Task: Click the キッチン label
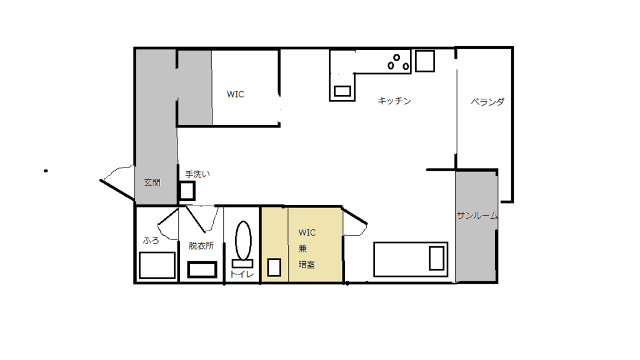tap(394, 101)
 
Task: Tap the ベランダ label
tap(487, 102)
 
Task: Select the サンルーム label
tap(477, 216)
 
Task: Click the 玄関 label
tap(152, 182)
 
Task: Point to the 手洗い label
tap(197, 174)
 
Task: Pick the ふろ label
tap(151, 241)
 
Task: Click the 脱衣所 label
tap(201, 246)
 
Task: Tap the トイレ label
tap(242, 274)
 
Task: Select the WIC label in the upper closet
tap(236, 94)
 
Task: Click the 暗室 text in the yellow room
tap(306, 264)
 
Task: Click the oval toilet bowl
tap(243, 241)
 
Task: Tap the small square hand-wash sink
tap(187, 191)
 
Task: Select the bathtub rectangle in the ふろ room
tap(157, 265)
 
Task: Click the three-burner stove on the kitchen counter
tap(398, 62)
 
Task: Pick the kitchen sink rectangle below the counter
tap(342, 91)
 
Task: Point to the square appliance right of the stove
tap(425, 61)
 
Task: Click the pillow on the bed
tap(436, 258)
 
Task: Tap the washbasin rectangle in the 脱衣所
tap(202, 270)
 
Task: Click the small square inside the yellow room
tap(274, 267)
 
